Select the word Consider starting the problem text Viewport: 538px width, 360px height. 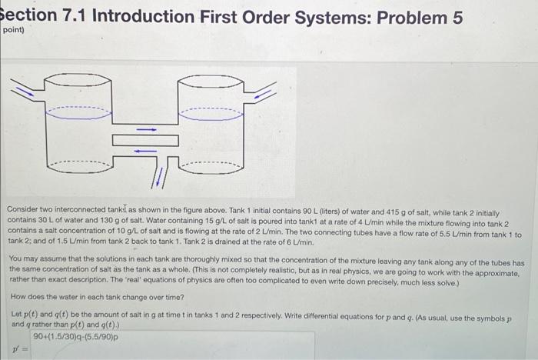click(x=25, y=209)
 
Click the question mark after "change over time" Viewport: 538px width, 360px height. click(x=161, y=296)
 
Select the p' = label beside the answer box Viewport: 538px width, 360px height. click(x=18, y=351)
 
